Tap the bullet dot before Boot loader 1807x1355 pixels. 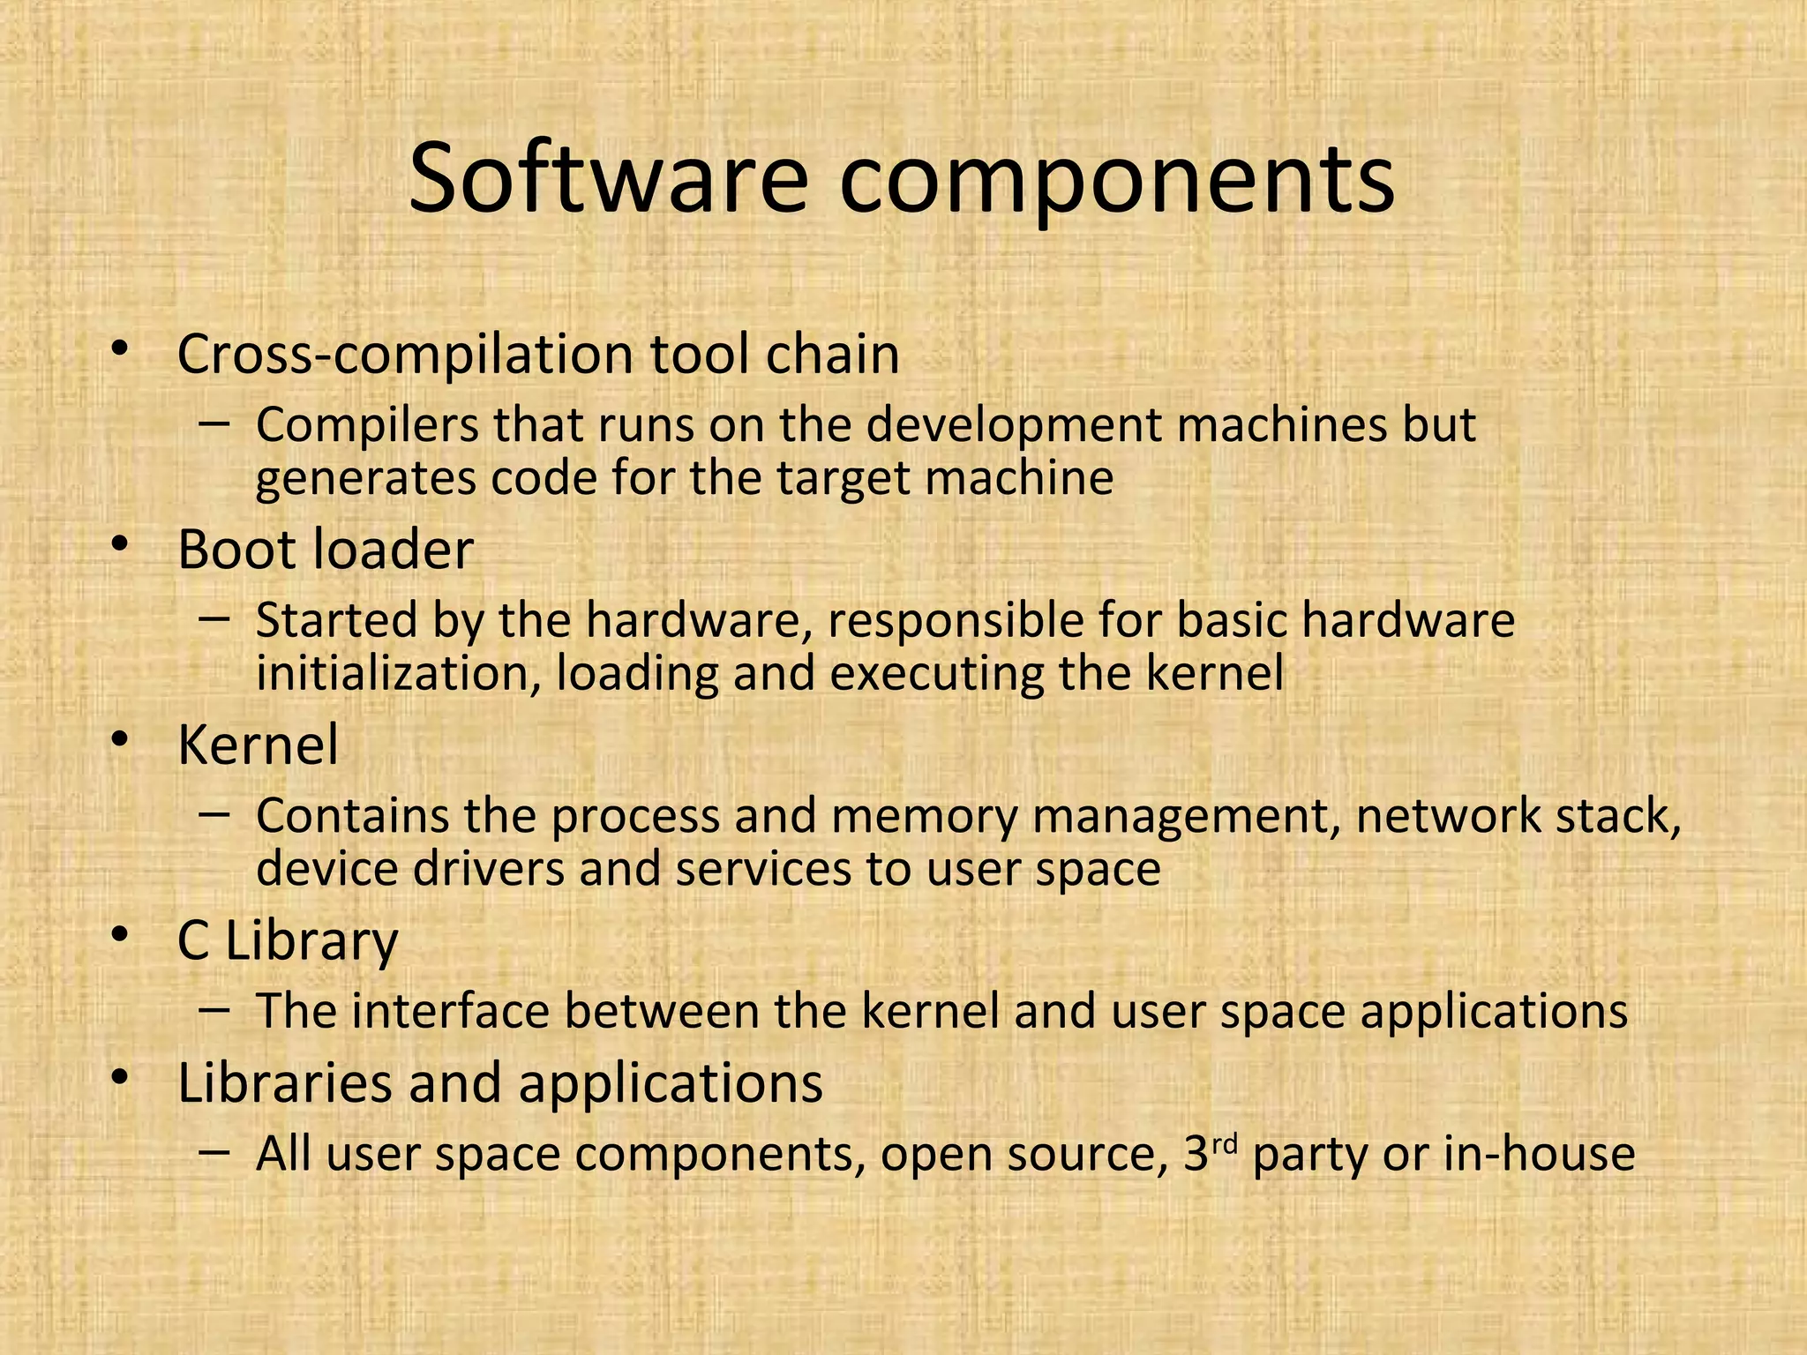coord(120,544)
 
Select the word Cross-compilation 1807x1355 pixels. coord(405,355)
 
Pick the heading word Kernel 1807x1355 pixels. coord(258,745)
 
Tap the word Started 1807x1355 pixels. coord(336,620)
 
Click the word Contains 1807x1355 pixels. coord(352,816)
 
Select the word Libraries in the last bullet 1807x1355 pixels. coord(284,1082)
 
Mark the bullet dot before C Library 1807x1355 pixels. coord(120,936)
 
